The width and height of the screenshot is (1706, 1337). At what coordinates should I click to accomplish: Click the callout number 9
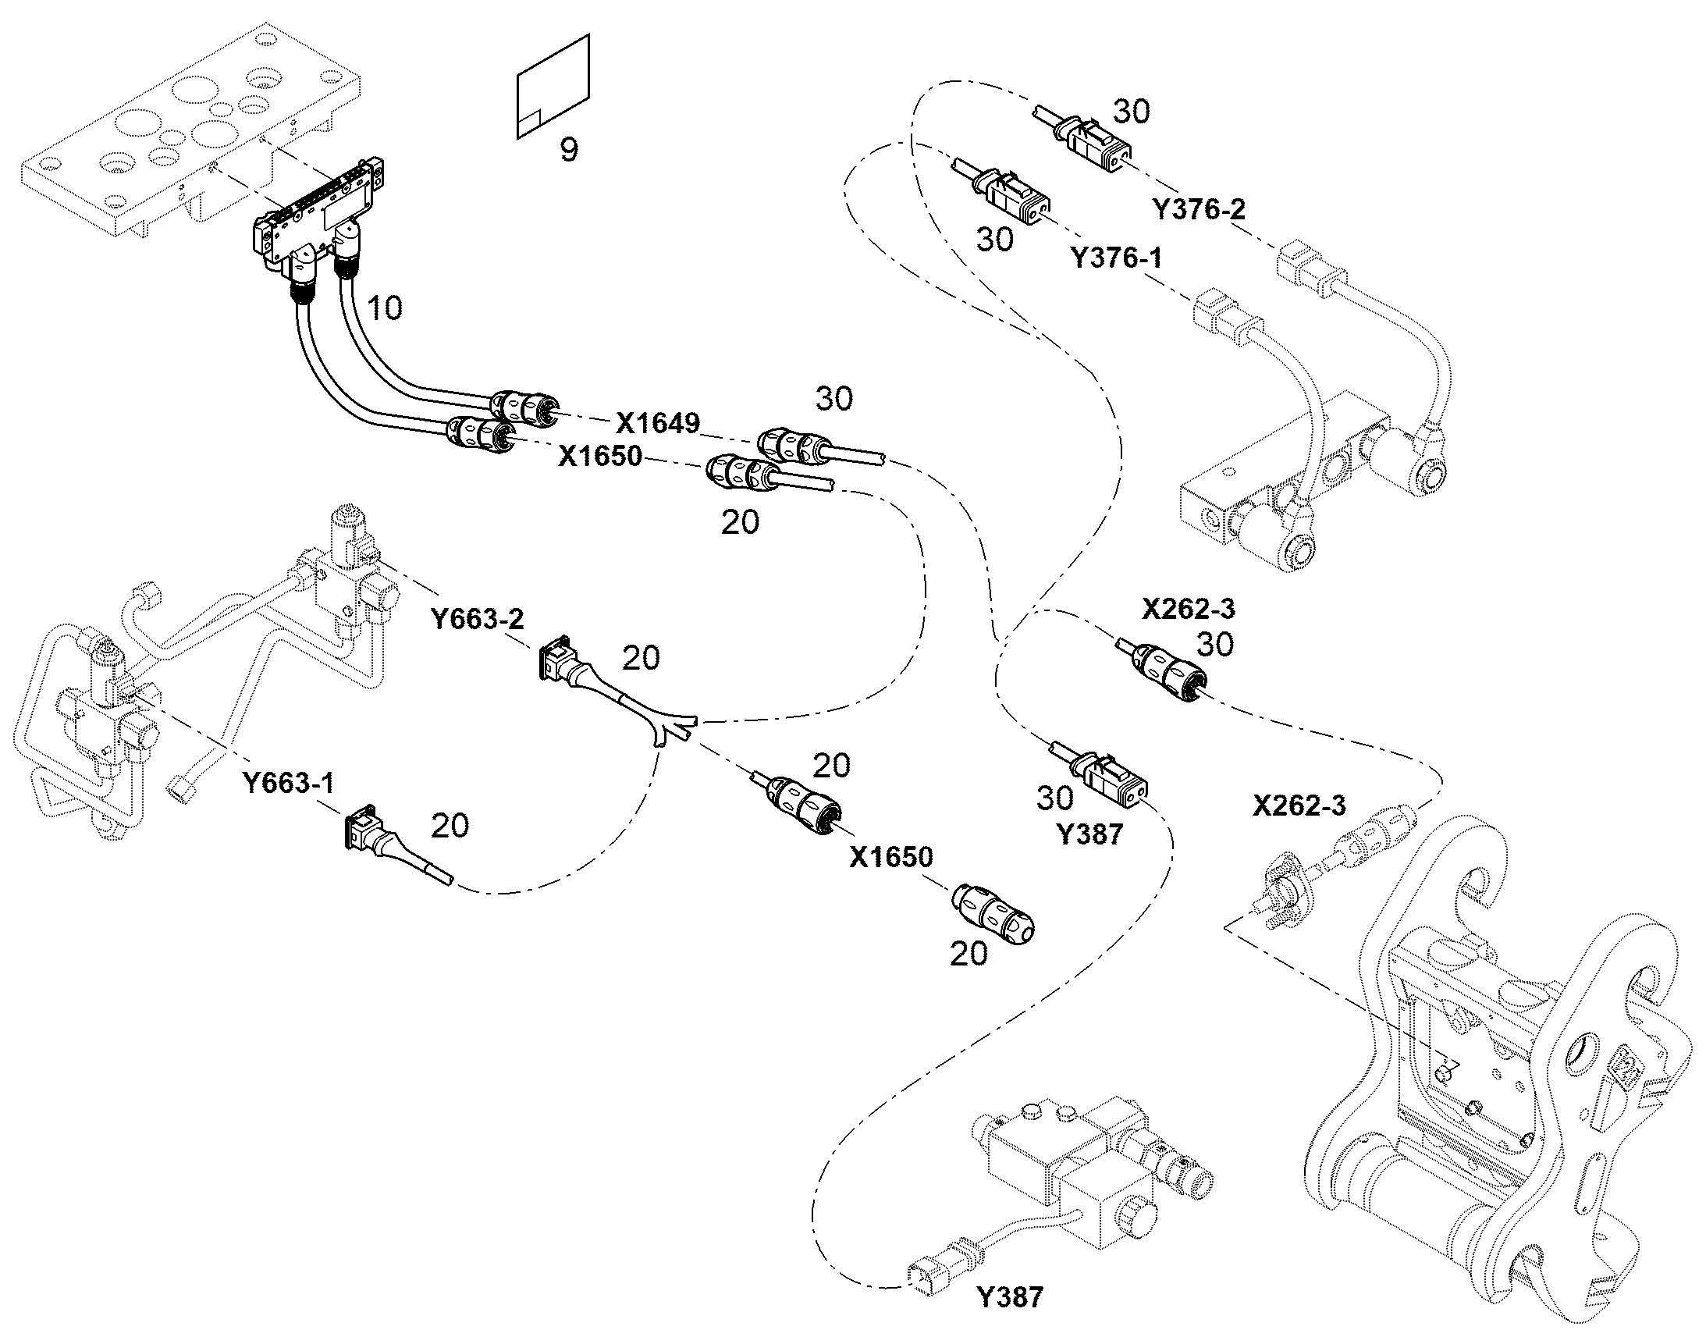coord(569,149)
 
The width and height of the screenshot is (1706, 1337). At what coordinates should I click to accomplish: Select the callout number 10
coord(384,308)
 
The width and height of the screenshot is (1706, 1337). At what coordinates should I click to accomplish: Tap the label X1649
coord(657,424)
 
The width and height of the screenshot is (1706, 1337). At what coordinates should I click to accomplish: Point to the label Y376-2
coord(1198,209)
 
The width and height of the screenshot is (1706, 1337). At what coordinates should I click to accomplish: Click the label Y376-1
coord(1115,258)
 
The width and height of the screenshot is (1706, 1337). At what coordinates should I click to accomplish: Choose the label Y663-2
coord(478,619)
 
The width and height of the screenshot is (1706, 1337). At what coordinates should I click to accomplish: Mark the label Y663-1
coord(288,782)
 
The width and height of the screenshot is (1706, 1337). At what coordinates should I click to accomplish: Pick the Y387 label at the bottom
coord(1011,1297)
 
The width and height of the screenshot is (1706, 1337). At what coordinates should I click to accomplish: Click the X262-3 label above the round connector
coord(1188,608)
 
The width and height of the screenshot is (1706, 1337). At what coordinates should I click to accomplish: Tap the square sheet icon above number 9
coord(553,86)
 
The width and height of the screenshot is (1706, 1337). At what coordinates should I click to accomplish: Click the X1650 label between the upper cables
coord(599,456)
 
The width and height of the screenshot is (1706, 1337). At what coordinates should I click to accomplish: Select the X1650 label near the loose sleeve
coord(891,857)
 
